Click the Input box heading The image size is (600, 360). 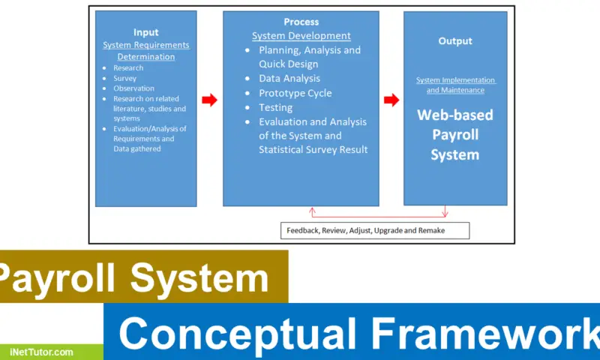point(145,32)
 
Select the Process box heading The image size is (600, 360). point(301,22)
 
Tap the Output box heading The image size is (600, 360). point(455,41)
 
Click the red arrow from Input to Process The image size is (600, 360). point(210,100)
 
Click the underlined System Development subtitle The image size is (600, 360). point(301,36)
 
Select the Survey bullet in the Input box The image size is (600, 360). point(124,78)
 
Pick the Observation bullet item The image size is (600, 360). point(133,88)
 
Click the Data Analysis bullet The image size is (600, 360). point(289,79)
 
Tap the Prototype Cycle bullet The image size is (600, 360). point(295,93)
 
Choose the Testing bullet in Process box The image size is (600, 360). point(275,107)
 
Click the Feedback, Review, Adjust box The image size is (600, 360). point(375,230)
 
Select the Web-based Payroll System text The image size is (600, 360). point(454,135)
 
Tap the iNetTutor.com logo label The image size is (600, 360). point(42,351)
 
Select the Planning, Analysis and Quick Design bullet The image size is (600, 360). point(309,57)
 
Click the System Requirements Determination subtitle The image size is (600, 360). point(145,51)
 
